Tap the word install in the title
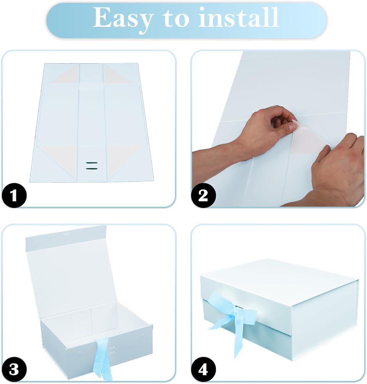coord(239,17)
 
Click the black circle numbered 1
coord(14,195)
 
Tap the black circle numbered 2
coord(203,195)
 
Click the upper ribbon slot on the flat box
coord(92,162)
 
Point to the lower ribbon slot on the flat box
coord(92,169)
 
